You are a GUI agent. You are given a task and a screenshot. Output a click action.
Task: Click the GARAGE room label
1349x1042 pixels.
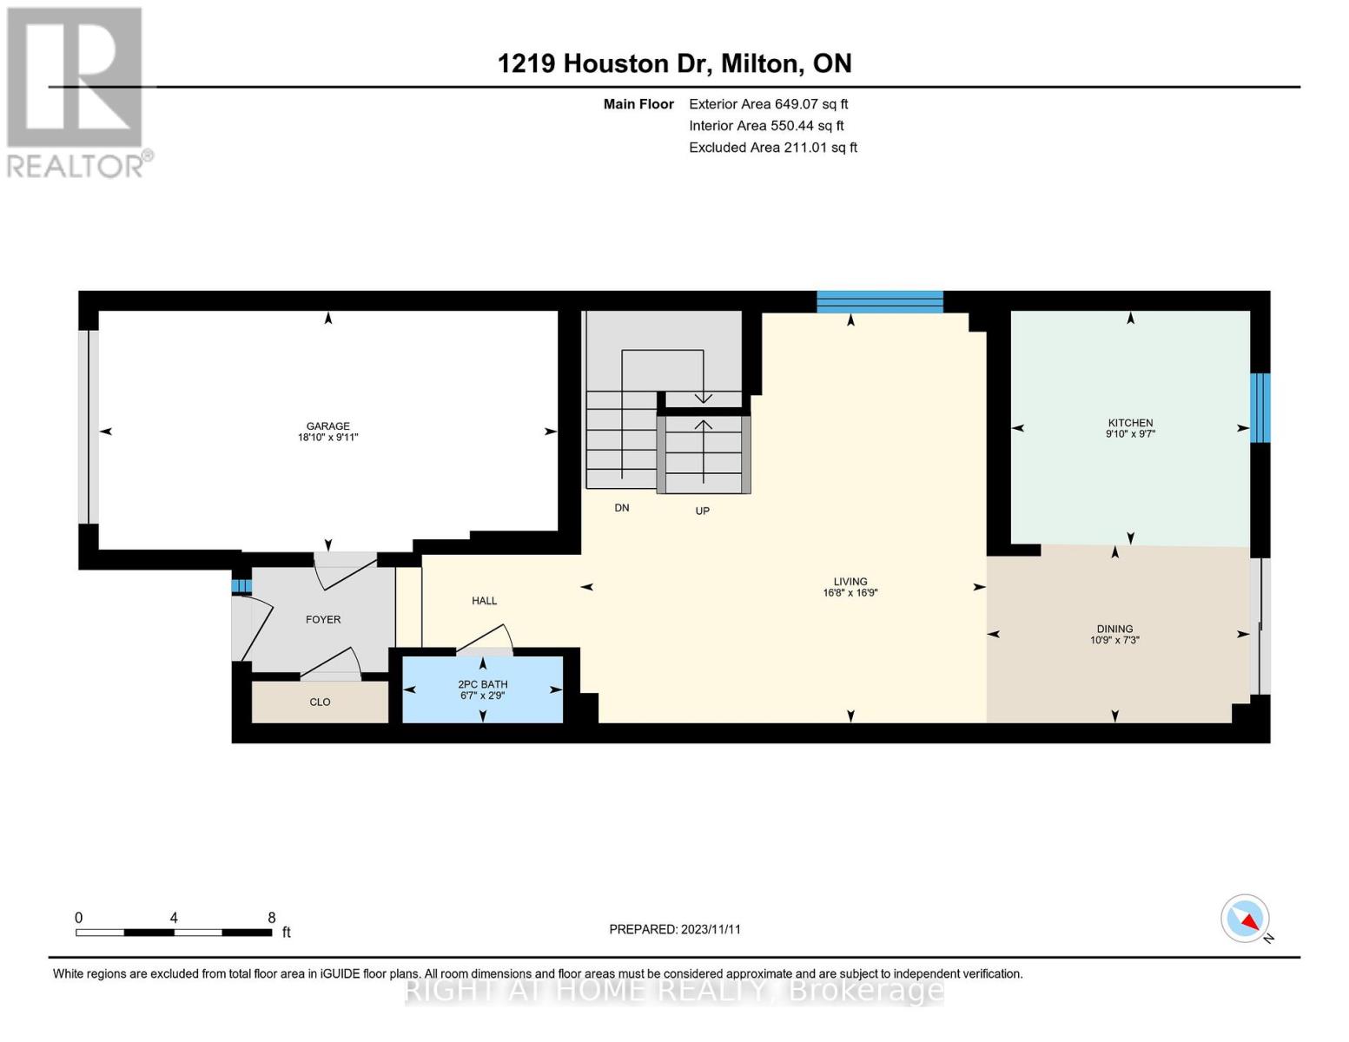(327, 425)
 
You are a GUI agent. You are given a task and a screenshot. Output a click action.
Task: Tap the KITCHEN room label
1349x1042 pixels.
(1130, 423)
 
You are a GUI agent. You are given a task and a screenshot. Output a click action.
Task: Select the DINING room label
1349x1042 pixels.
(1114, 629)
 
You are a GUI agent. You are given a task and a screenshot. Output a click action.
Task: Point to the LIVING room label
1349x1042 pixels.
(850, 582)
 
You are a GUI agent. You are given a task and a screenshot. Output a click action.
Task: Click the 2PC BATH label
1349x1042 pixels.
(482, 684)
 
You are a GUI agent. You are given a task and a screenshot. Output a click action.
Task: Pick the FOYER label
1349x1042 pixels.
(323, 619)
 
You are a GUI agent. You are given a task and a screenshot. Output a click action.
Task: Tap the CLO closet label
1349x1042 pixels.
(320, 702)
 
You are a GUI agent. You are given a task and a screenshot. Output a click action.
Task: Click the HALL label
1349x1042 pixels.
(484, 600)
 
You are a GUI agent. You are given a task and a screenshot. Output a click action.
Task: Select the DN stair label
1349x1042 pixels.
(621, 508)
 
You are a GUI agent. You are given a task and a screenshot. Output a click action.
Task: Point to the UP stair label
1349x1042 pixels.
(702, 511)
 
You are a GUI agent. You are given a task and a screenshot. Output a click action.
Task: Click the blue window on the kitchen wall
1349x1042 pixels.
(1260, 408)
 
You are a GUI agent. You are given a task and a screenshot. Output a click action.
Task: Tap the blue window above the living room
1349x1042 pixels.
(880, 301)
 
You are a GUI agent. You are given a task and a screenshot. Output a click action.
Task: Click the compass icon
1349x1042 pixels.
(1245, 919)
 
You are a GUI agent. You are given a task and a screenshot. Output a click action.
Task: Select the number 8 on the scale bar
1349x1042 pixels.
(271, 917)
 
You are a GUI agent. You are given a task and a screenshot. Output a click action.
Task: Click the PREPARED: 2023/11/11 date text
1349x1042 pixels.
(675, 929)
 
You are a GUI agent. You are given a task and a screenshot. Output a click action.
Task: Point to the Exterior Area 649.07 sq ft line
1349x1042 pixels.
(768, 104)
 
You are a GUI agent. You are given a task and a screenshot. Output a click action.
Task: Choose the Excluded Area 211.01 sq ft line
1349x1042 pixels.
(773, 148)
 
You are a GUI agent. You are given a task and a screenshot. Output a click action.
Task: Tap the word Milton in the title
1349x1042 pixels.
(759, 63)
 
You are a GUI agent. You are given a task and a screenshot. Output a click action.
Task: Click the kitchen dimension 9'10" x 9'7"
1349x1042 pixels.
(1130, 434)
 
